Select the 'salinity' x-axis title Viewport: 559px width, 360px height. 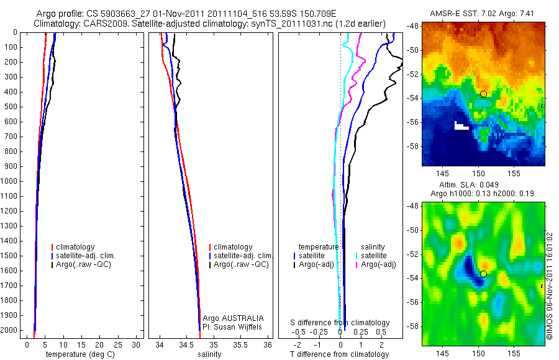tap(210, 354)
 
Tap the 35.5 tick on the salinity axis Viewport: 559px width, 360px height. tap(241, 344)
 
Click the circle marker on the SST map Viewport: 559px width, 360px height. tap(483, 94)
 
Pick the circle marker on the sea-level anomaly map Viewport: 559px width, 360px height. tap(483, 274)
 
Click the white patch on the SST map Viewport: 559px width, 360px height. tap(461, 126)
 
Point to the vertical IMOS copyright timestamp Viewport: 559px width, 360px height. tap(549, 286)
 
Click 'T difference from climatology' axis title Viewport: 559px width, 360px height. tap(339, 354)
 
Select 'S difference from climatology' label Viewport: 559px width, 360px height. tap(340, 323)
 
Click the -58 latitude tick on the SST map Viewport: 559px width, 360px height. tap(413, 146)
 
